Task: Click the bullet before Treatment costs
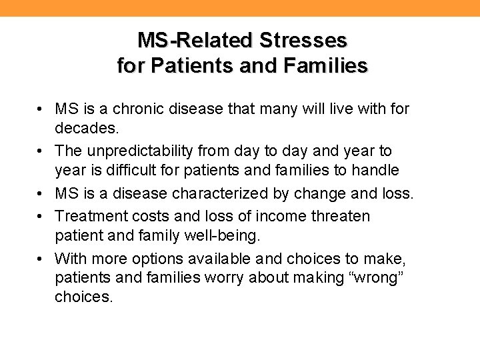point(41,216)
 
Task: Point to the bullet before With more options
point(41,259)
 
